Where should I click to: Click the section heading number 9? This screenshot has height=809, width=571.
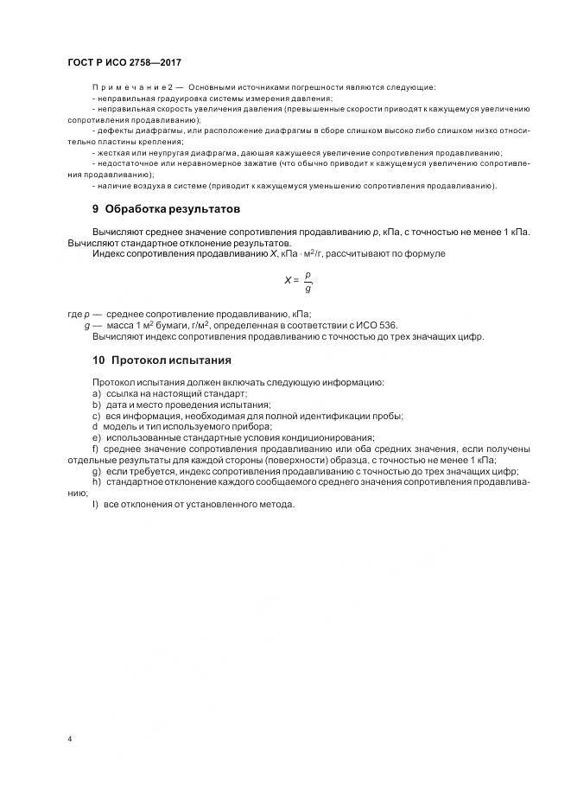[95, 210]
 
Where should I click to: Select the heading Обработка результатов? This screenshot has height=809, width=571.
[172, 210]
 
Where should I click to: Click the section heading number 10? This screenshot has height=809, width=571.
[98, 360]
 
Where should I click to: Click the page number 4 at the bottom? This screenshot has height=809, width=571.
[69, 739]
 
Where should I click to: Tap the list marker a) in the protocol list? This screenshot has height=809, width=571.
[96, 393]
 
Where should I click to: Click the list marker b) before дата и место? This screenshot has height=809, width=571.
[96, 404]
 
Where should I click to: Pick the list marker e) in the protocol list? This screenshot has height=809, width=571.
[96, 438]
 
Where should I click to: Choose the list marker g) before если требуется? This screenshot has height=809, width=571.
[96, 472]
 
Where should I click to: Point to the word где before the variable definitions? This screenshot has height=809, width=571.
[74, 313]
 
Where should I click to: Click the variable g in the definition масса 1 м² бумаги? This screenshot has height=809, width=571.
[87, 324]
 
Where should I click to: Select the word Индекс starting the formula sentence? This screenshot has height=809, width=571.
[108, 254]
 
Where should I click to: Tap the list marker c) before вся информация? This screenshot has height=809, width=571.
[96, 416]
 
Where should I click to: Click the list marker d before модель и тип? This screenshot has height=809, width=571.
[95, 427]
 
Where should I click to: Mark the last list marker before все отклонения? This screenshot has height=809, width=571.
[95, 506]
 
